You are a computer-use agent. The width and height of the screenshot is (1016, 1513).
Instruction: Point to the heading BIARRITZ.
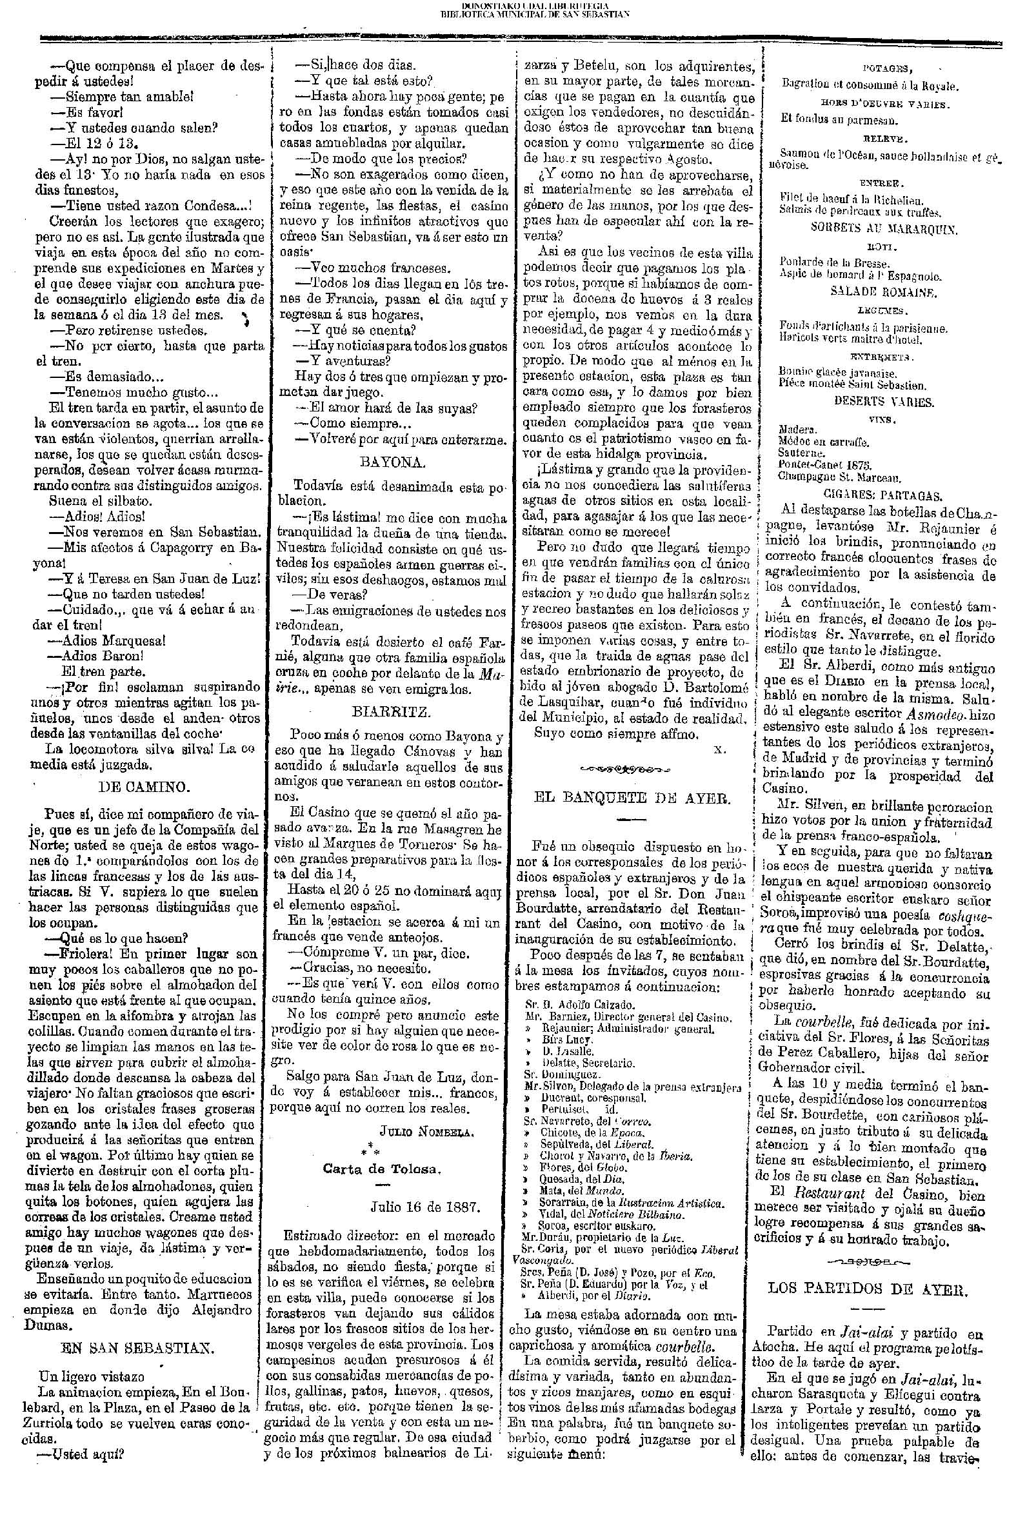(392, 713)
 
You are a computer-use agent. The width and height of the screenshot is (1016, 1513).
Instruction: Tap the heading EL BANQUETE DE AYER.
(632, 798)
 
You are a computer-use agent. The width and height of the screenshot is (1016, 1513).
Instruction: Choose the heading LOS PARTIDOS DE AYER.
(868, 1289)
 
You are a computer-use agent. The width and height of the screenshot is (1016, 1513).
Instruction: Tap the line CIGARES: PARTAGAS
(882, 495)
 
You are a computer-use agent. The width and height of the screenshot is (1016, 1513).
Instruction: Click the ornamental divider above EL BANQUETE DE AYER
(626, 770)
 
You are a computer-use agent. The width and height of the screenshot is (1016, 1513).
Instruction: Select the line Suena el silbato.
(101, 501)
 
